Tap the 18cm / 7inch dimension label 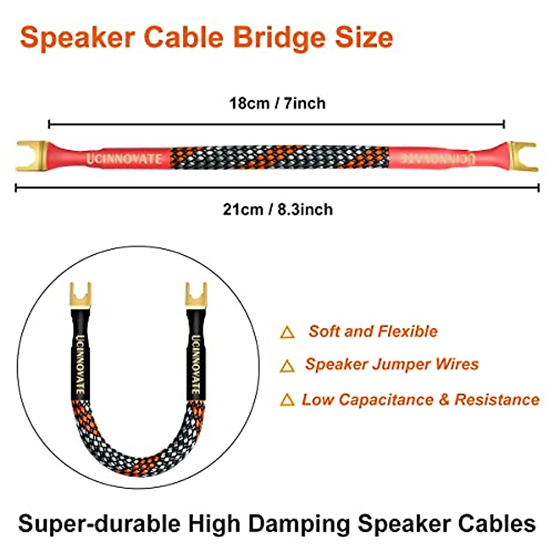(277, 103)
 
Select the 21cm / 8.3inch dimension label (277, 209)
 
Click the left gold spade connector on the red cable (32, 156)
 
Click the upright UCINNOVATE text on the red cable (124, 158)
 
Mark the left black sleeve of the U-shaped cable (79, 355)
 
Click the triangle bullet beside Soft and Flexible (287, 332)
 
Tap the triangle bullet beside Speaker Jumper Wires (287, 366)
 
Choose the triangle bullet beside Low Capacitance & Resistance (287, 400)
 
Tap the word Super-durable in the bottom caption (99, 524)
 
